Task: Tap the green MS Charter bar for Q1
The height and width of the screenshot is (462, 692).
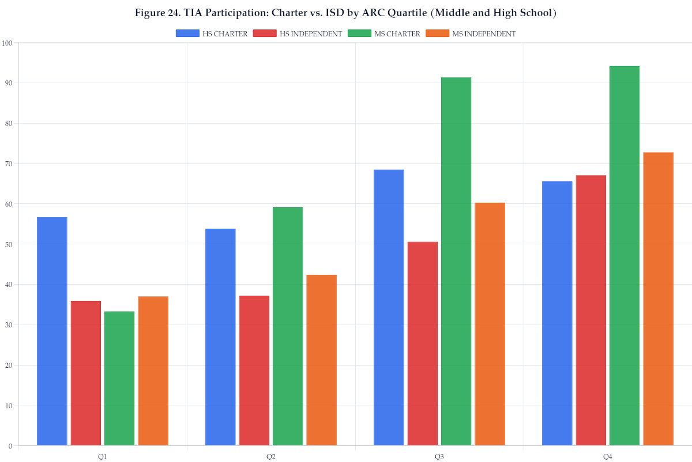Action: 119,378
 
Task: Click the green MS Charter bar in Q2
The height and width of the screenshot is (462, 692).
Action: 288,326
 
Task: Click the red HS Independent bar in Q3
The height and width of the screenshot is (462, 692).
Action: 422,344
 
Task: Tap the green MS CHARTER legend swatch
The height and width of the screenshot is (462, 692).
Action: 359,34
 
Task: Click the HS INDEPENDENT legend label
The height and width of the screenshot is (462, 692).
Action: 311,34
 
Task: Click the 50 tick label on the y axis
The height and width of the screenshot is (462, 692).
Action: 8,244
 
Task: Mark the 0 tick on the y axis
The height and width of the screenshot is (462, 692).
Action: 10,446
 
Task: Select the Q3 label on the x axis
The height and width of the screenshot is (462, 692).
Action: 439,457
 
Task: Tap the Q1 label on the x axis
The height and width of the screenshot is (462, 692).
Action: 103,457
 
